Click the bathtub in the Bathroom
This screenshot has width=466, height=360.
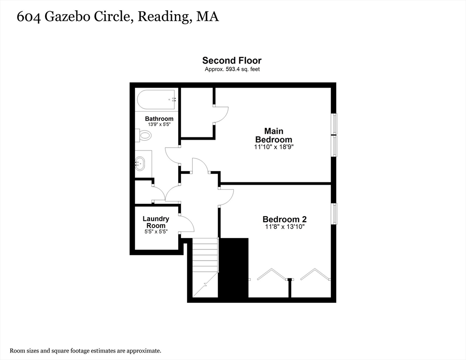point(156,99)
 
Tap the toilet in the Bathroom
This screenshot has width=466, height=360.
point(144,135)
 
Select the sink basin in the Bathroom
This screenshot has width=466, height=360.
point(140,164)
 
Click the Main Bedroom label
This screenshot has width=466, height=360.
point(273,135)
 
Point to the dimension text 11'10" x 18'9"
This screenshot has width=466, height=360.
point(273,147)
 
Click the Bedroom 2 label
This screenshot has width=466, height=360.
point(285,219)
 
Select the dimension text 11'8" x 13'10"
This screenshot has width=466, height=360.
point(285,227)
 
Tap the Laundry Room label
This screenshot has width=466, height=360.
point(156,222)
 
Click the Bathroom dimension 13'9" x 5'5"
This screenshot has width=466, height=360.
point(159,125)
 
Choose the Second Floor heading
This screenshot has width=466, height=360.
point(232,60)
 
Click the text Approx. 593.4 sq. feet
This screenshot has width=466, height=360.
point(232,69)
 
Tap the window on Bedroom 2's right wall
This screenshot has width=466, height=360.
point(334,213)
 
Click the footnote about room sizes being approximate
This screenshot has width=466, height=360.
point(86,351)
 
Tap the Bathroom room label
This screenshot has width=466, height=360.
point(159,119)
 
